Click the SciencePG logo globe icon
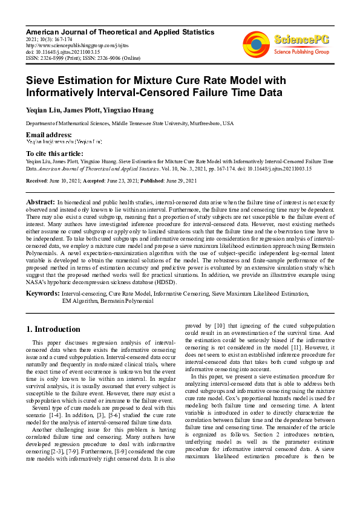pyautogui.click(x=257, y=44)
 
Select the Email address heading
pyautogui.click(x=48, y=134)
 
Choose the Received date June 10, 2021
pyautogui.click(x=64, y=181)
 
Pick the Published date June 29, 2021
pyautogui.click(x=175, y=181)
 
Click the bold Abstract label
pyautogui.click(x=41, y=201)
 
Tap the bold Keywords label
pyautogui.click(x=42, y=293)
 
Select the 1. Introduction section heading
pyautogui.click(x=54, y=329)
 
